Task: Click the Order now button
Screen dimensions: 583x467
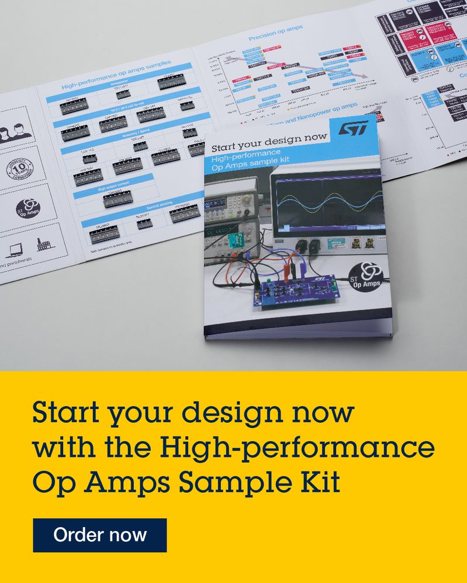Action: pos(99,535)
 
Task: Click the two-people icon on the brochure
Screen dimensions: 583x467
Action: pos(16,131)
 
